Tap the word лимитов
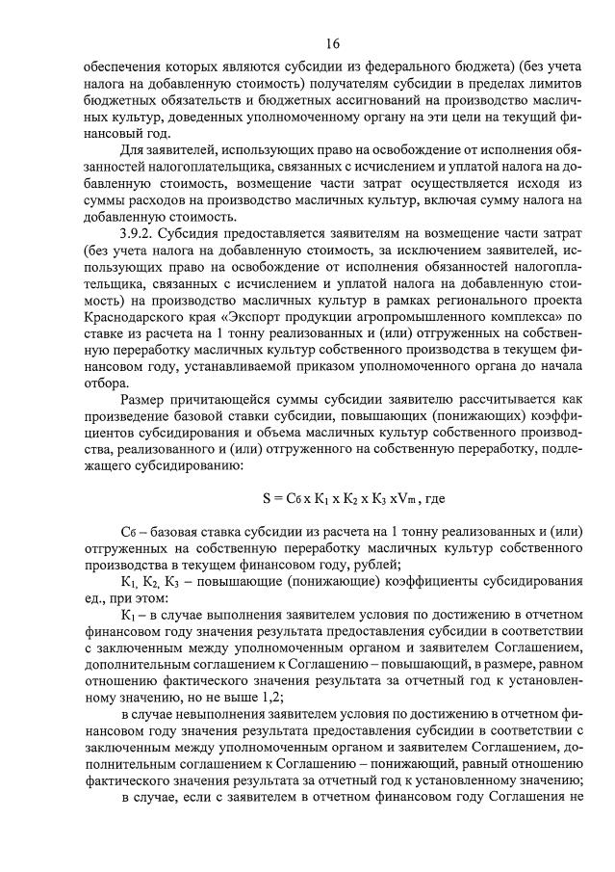tap(556, 83)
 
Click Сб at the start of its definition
tap(130, 532)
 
